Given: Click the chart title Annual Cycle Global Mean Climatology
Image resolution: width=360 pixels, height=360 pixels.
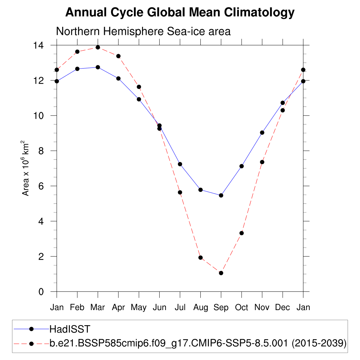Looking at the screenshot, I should (x=180, y=13).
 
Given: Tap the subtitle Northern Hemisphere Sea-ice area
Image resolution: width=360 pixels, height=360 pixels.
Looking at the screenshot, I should (x=143, y=31).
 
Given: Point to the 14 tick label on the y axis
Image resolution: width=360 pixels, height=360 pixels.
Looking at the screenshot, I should (x=39, y=45).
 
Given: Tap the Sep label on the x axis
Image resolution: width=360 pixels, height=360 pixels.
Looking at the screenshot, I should (x=221, y=308).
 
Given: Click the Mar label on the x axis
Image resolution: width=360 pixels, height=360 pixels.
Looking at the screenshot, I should (x=98, y=308).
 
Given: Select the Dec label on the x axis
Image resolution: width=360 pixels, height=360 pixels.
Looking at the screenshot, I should (x=282, y=308).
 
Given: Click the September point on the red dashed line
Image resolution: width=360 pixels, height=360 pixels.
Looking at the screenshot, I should (x=221, y=273).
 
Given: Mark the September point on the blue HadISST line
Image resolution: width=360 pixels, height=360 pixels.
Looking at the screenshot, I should (x=221, y=195).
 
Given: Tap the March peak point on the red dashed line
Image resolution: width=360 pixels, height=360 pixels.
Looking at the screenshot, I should (x=98, y=47).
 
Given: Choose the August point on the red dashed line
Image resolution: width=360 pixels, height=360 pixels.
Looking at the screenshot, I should (x=201, y=258).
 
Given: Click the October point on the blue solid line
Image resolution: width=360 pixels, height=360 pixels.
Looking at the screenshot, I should (x=242, y=166).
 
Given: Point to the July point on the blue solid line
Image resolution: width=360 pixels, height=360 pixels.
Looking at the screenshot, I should (x=180, y=164).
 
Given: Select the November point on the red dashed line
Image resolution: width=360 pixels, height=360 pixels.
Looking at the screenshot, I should (x=262, y=162).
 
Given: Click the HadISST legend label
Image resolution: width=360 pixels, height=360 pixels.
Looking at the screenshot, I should (x=70, y=329).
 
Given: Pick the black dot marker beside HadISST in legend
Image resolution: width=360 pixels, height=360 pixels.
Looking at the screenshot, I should (x=31, y=329).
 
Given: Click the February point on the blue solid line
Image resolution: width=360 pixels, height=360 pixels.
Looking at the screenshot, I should (x=77, y=69).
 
